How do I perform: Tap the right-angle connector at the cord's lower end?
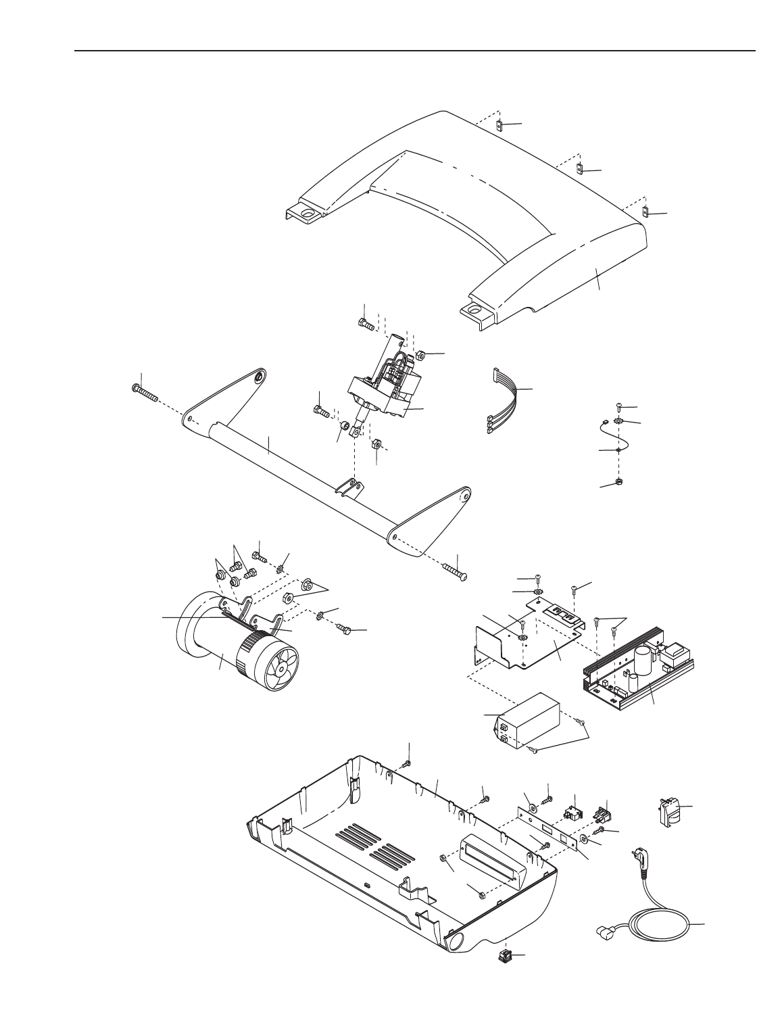pos(603,934)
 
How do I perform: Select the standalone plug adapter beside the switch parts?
pos(666,810)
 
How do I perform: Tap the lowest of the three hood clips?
pos(645,212)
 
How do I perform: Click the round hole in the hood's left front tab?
pos(308,214)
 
